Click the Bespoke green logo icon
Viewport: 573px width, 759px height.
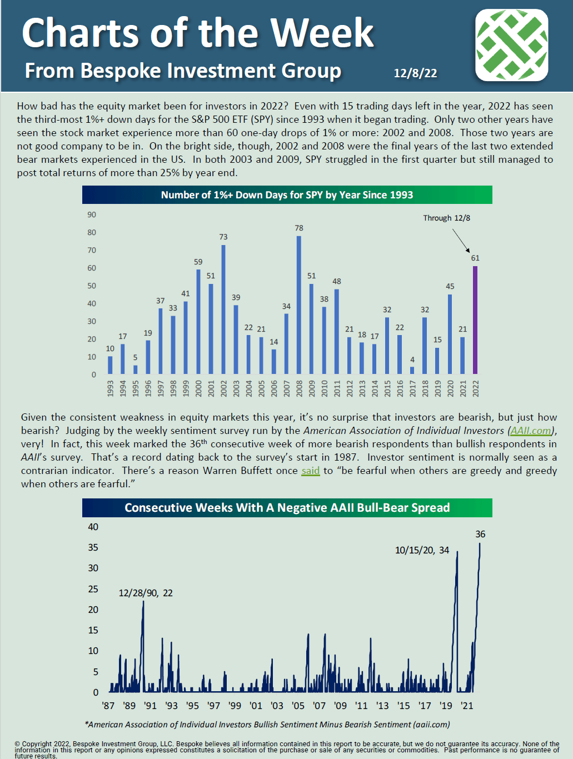[511, 44]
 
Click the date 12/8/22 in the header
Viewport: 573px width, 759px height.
[415, 73]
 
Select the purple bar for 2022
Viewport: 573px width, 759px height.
[475, 320]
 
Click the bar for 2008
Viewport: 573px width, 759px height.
[299, 305]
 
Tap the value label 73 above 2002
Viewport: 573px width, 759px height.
[223, 237]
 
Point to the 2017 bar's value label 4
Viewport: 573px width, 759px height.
[412, 359]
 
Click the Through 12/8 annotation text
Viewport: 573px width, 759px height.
[446, 218]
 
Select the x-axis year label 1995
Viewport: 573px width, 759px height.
[136, 388]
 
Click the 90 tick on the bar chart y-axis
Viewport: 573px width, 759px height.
[92, 214]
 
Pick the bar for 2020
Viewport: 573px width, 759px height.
[450, 334]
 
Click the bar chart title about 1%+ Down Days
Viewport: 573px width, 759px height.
[287, 195]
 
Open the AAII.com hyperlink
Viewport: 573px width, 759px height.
[531, 431]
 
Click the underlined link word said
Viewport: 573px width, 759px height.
[311, 471]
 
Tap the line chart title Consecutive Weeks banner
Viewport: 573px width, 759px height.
[287, 508]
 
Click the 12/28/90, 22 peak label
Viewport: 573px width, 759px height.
[146, 593]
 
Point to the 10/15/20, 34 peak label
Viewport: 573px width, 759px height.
[422, 550]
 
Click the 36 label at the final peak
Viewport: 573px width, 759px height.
[480, 534]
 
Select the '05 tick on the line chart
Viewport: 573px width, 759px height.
[298, 706]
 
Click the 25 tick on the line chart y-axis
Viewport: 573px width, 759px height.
[93, 589]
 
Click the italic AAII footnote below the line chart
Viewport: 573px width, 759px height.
[267, 725]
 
